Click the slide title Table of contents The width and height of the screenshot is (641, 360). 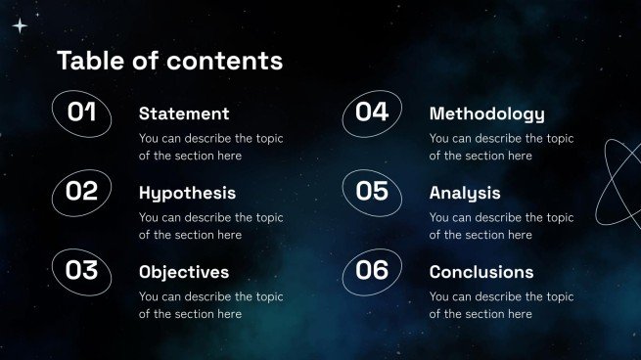pyautogui.click(x=169, y=61)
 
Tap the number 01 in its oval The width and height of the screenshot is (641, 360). pyautogui.click(x=81, y=112)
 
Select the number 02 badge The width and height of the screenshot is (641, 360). pyautogui.click(x=81, y=192)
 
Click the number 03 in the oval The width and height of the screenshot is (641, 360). pyautogui.click(x=81, y=271)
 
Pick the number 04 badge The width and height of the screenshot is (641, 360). pyautogui.click(x=372, y=112)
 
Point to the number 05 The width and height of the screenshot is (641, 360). pyautogui.click(x=372, y=192)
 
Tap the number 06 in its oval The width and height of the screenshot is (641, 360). pyautogui.click(x=372, y=271)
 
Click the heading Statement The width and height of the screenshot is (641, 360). pyautogui.click(x=184, y=113)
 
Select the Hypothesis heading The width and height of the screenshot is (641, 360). pyautogui.click(x=187, y=193)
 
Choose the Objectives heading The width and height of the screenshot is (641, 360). pyautogui.click(x=184, y=272)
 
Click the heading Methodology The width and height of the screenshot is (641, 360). pyautogui.click(x=486, y=113)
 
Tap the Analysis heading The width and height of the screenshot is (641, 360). pyautogui.click(x=465, y=193)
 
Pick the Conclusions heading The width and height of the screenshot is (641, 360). pyautogui.click(x=481, y=272)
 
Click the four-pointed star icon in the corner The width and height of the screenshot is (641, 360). pyautogui.click(x=19, y=26)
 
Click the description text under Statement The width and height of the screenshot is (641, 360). pyautogui.click(x=210, y=147)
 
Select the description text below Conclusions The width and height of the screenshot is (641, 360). pyautogui.click(x=501, y=305)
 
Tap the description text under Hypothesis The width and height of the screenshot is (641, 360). pyautogui.click(x=210, y=226)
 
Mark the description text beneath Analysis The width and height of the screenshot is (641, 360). pyautogui.click(x=501, y=226)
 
